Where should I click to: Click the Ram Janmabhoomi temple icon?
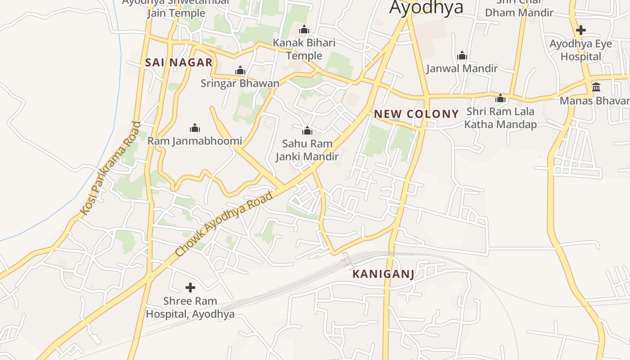195,128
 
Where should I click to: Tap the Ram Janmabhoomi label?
195,141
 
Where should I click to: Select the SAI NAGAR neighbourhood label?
179,63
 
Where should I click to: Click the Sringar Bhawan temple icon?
240,70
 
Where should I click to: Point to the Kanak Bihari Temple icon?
304,30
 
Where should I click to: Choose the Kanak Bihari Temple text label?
304,49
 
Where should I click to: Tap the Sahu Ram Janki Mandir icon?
307,131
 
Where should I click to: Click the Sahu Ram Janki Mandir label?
307,150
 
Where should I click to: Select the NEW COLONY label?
416,114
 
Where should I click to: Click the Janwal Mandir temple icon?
462,56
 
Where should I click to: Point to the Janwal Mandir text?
462,68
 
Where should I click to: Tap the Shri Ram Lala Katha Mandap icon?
500,99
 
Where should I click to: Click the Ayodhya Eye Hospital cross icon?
581,31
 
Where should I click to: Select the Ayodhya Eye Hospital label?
581,50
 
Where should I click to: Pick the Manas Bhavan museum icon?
596,87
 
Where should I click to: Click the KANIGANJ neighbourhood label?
383,274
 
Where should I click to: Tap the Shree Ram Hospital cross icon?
190,287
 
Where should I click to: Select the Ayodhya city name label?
426,7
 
